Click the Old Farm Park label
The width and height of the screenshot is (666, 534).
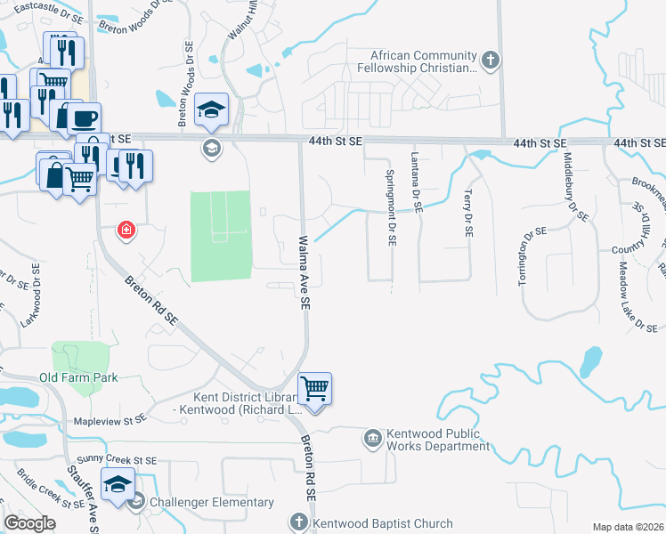pyautogui.click(x=78, y=378)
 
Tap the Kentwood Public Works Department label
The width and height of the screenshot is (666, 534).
pyautogui.click(x=436, y=440)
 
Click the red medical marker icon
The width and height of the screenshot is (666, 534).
pyautogui.click(x=126, y=231)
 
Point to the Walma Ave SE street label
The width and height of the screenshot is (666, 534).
pyautogui.click(x=304, y=272)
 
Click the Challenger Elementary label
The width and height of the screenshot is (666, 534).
pyautogui.click(x=212, y=502)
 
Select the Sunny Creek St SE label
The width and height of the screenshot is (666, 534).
pyautogui.click(x=117, y=460)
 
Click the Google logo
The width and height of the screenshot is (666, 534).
pyautogui.click(x=30, y=523)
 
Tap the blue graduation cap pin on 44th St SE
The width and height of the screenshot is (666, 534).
pyautogui.click(x=212, y=110)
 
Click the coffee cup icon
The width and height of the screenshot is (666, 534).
pyautogui.click(x=84, y=118)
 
